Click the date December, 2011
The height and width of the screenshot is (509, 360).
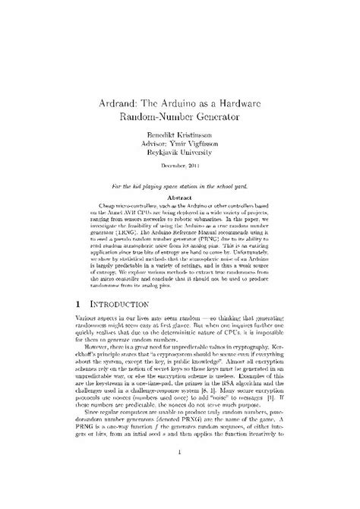(180, 165)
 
